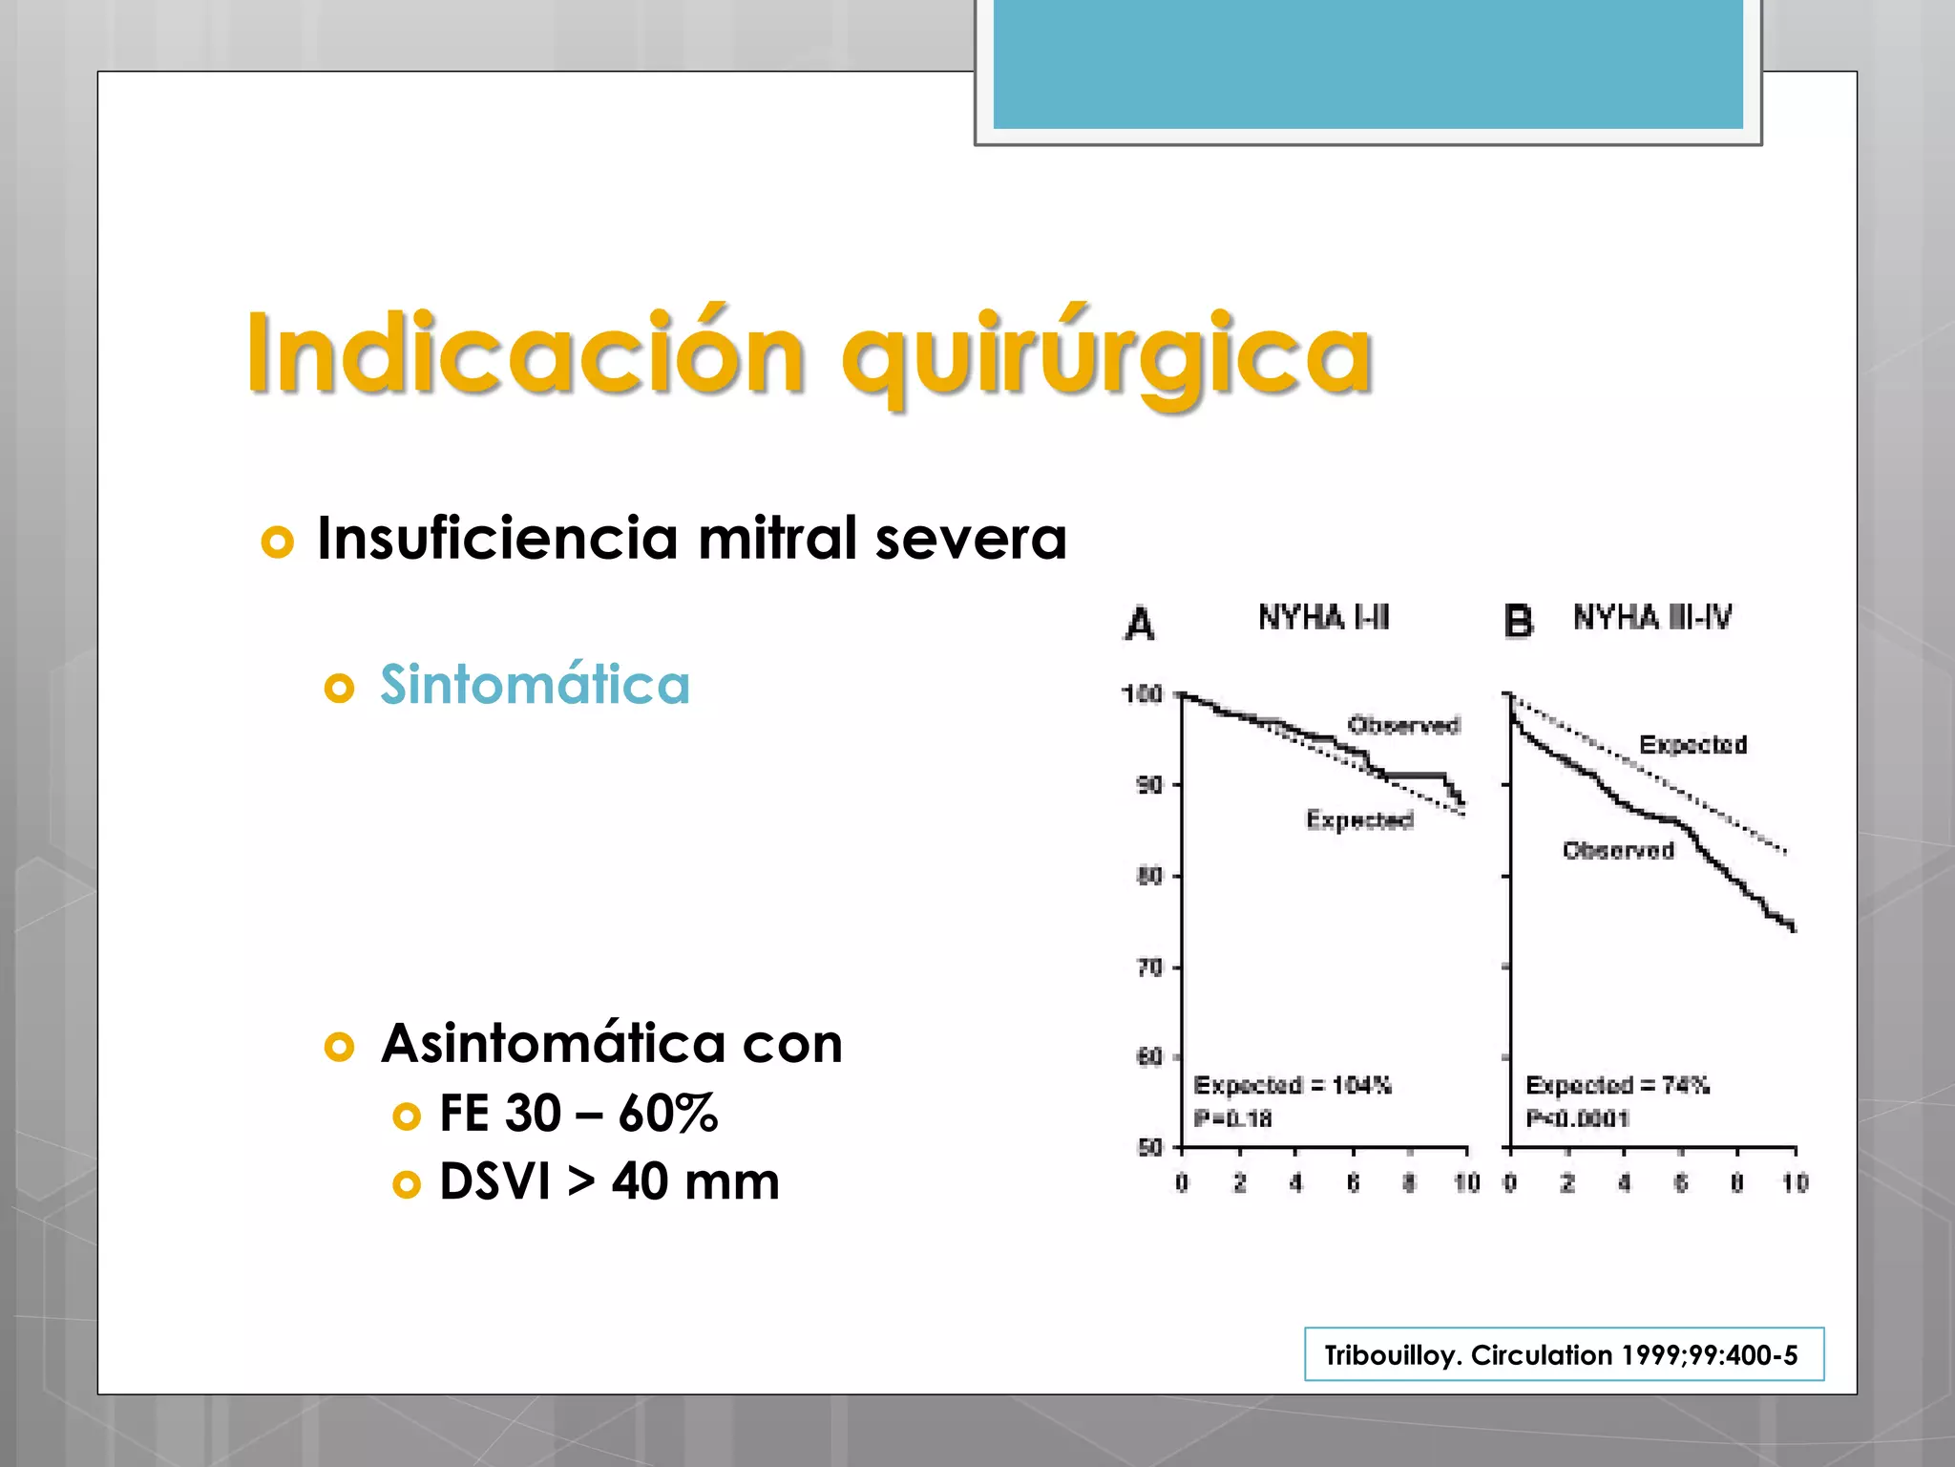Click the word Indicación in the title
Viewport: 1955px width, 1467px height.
pyautogui.click(x=525, y=353)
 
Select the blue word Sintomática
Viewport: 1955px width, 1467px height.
pyautogui.click(x=535, y=685)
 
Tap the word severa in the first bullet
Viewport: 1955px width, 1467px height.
pyautogui.click(x=971, y=539)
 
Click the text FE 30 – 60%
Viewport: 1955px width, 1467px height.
pyautogui.click(x=578, y=1114)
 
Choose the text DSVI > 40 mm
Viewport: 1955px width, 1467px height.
pyautogui.click(x=609, y=1182)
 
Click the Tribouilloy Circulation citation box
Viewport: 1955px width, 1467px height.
pyautogui.click(x=1563, y=1354)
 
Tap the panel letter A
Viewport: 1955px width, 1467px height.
pyautogui.click(x=1140, y=625)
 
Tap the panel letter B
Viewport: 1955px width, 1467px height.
pyautogui.click(x=1518, y=623)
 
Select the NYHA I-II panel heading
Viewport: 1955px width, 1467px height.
pyautogui.click(x=1323, y=618)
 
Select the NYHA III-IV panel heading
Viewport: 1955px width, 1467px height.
pyautogui.click(x=1652, y=618)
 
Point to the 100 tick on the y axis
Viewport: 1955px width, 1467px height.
pyautogui.click(x=1142, y=694)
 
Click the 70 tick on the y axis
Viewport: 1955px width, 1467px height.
pyautogui.click(x=1150, y=967)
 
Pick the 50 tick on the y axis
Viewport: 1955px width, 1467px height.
pyautogui.click(x=1150, y=1147)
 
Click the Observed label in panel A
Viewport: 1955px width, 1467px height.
pyautogui.click(x=1403, y=726)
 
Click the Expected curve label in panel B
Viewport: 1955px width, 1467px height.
pyautogui.click(x=1692, y=745)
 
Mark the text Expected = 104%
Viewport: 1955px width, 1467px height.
pyautogui.click(x=1293, y=1086)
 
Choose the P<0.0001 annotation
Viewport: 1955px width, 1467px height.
pyautogui.click(x=1577, y=1118)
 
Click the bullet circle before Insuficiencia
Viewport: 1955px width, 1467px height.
pyautogui.click(x=277, y=542)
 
